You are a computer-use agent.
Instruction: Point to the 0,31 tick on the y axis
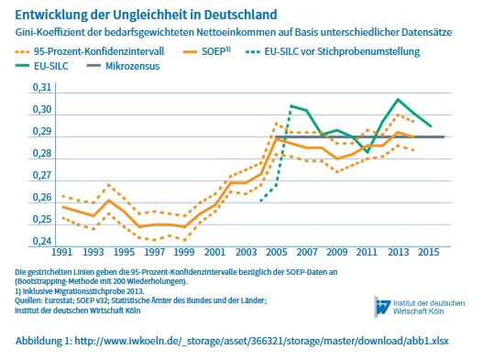41,87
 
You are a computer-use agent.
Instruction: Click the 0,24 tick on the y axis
41,241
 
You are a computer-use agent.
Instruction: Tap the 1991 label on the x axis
61,251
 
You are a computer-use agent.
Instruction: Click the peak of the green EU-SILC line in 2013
399,99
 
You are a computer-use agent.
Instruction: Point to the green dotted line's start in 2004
261,201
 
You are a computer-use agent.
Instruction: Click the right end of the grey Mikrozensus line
445,136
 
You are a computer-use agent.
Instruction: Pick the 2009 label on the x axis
337,251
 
